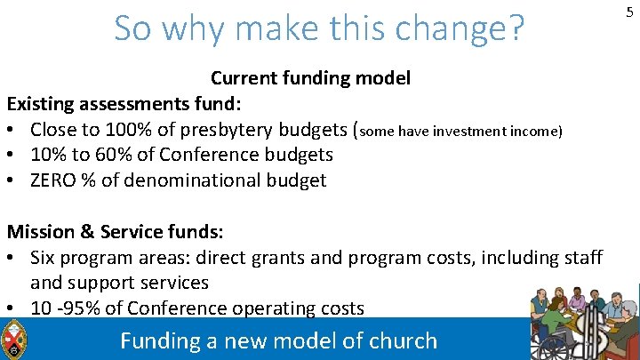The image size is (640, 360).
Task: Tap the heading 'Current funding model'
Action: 310,78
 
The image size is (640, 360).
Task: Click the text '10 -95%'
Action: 64,308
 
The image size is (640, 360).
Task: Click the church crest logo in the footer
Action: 14,339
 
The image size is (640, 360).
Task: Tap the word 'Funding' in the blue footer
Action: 159,340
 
